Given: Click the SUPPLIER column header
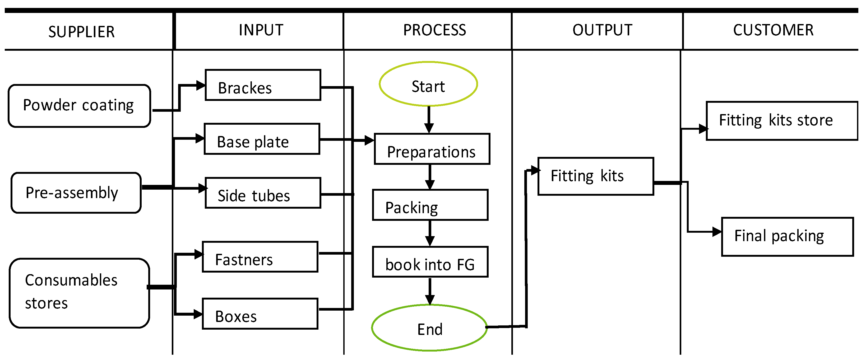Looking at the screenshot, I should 81,32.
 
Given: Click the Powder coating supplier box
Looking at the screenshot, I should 79,106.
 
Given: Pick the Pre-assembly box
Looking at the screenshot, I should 76,193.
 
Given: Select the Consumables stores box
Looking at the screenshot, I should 79,293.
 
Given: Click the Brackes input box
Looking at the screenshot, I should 263,85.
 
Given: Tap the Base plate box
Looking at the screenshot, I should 262,139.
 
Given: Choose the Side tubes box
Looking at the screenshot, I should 263,193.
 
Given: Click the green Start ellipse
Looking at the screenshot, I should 428,84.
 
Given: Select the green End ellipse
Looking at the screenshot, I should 429,328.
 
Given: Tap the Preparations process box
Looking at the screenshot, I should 432,149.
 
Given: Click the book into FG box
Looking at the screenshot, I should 430,262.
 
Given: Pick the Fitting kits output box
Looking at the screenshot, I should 596,176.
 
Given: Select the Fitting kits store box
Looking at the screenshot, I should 782,121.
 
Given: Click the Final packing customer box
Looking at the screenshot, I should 787,237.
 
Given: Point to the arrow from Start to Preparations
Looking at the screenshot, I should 429,120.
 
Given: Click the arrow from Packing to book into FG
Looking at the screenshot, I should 430,233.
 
